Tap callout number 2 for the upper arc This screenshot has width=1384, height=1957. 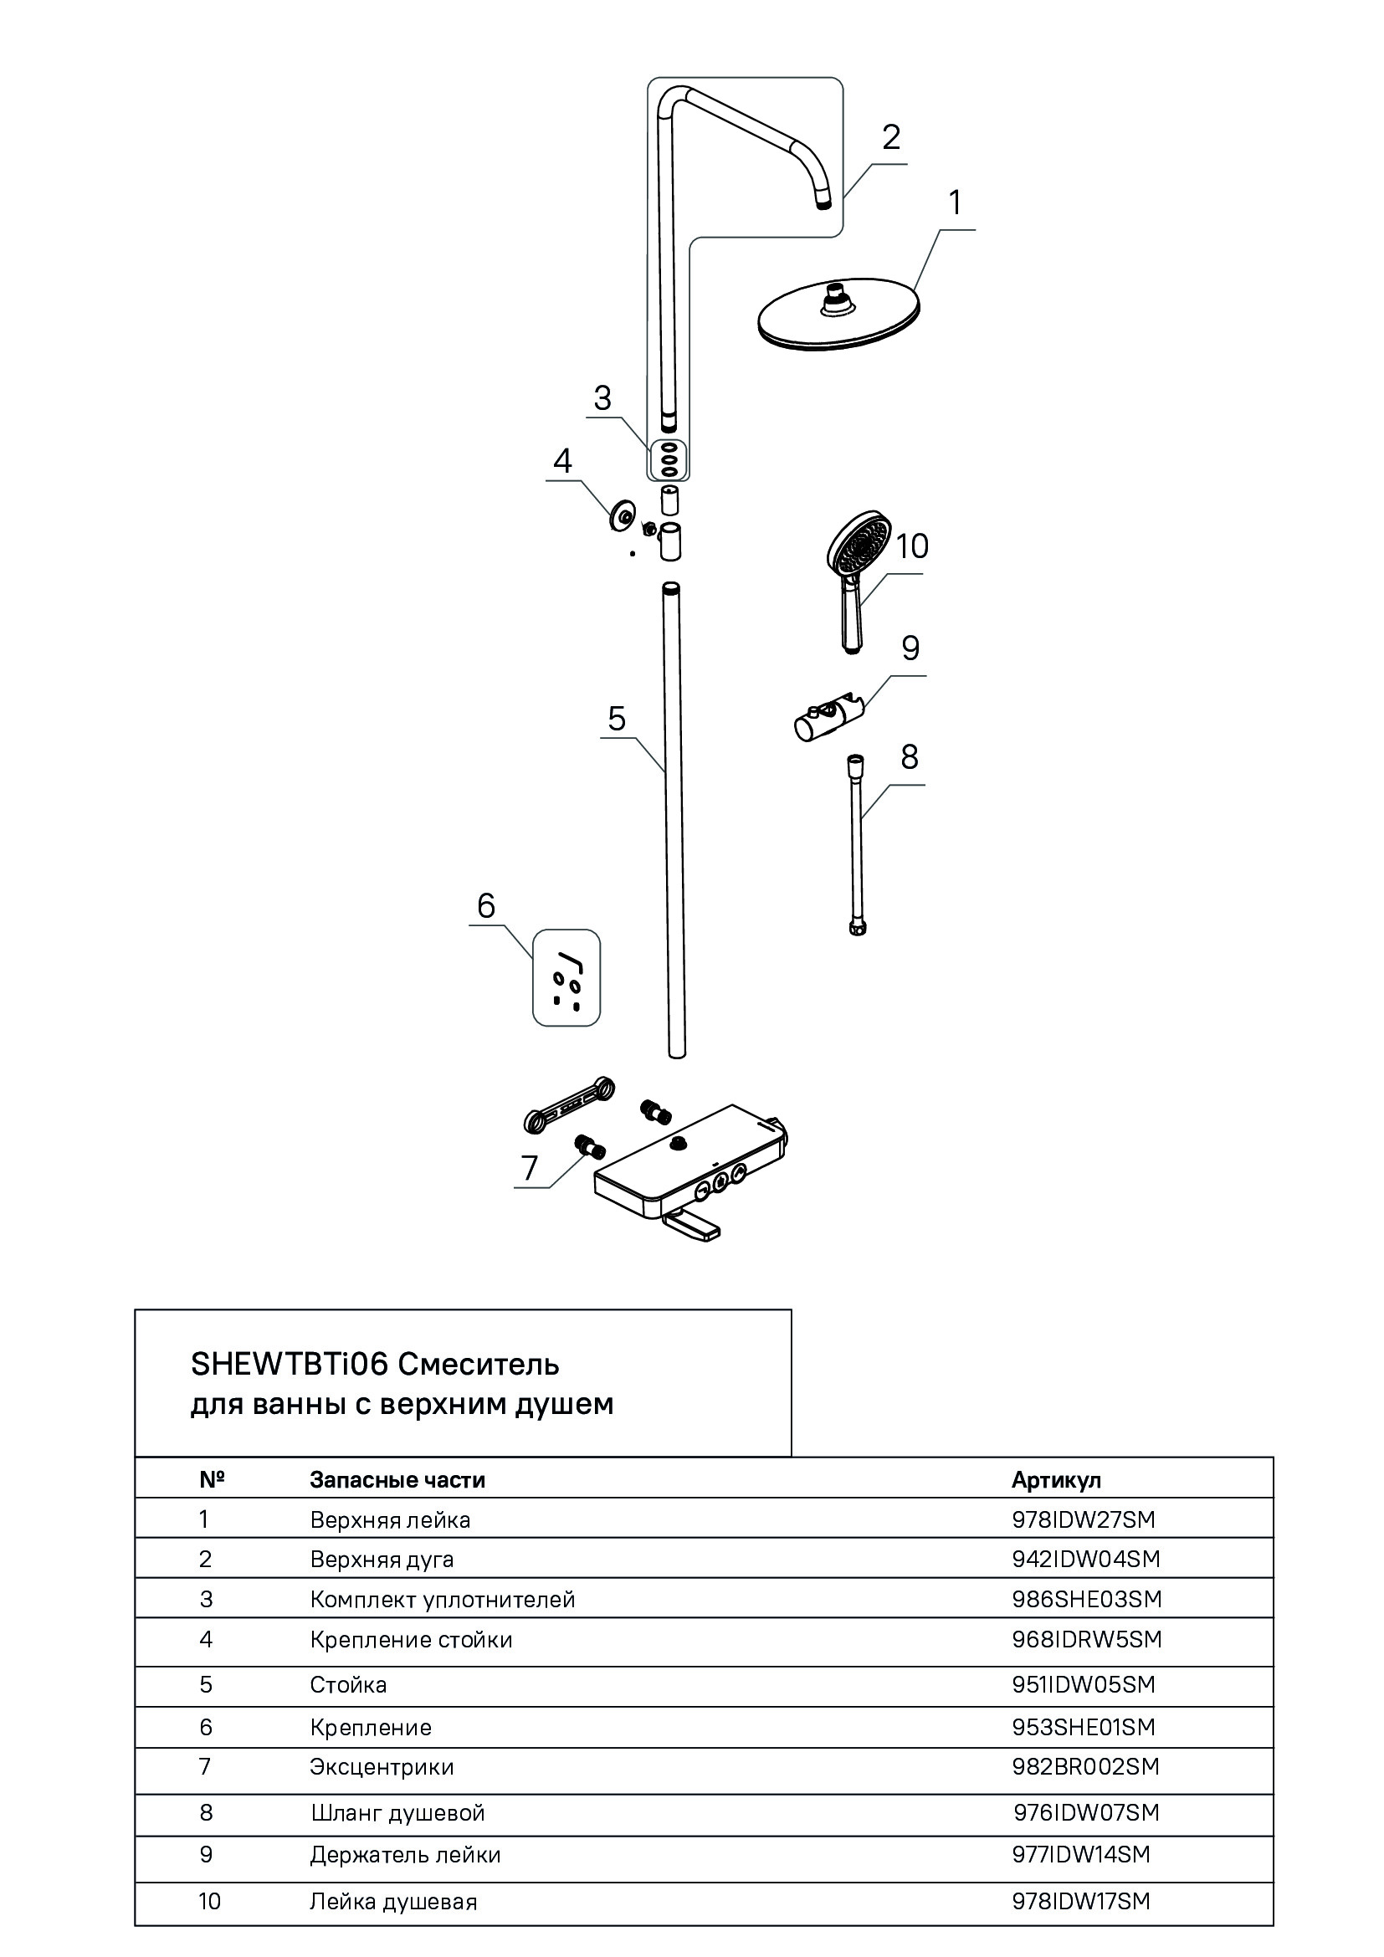pyautogui.click(x=890, y=137)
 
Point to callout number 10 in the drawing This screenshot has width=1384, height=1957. pyautogui.click(x=911, y=546)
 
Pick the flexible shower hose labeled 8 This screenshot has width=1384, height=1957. pyautogui.click(x=859, y=844)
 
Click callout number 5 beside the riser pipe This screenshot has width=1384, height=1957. pyautogui.click(x=616, y=719)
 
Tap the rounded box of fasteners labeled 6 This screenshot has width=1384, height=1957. pyautogui.click(x=566, y=976)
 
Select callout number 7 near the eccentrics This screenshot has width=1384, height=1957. pyautogui.click(x=529, y=1167)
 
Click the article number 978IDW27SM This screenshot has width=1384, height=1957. pyautogui.click(x=1083, y=1519)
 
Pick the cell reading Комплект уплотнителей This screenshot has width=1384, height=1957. pyautogui.click(x=443, y=1599)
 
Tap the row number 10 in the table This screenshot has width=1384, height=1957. pyautogui.click(x=209, y=1901)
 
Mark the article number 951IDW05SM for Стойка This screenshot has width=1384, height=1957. pyautogui.click(x=1083, y=1684)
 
